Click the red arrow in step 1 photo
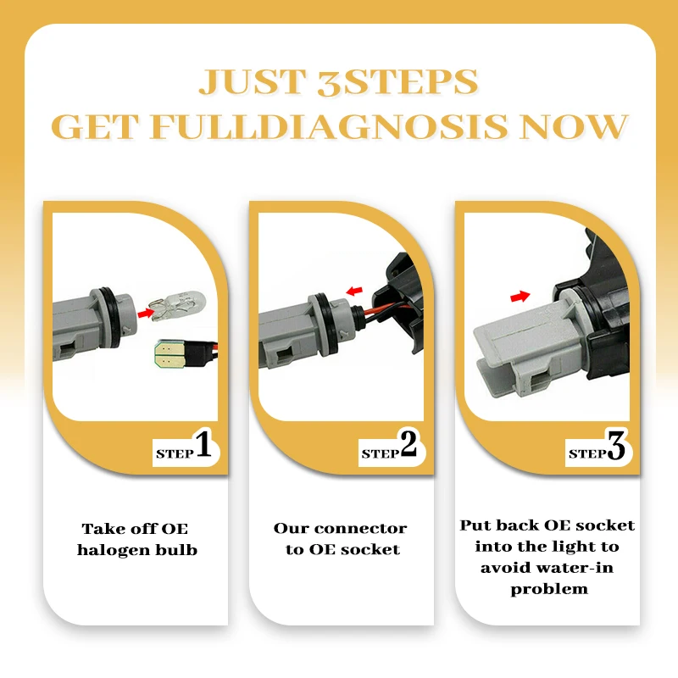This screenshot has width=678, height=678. point(146,313)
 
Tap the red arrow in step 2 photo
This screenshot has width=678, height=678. point(354,291)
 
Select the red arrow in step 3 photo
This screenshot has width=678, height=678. point(520,297)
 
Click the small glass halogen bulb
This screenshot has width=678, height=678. point(177,304)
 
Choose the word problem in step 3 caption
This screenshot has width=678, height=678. point(548,589)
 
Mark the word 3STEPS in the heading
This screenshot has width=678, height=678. point(397,82)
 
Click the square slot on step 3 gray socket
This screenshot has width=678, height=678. point(540,382)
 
